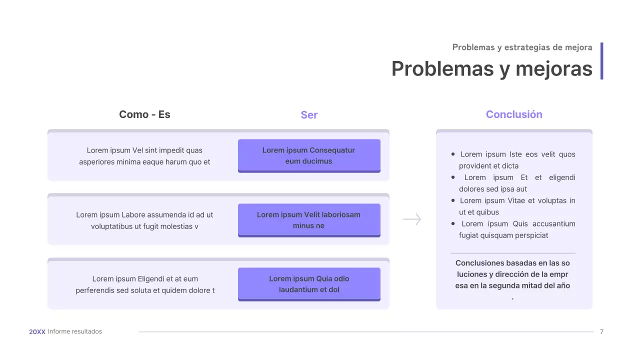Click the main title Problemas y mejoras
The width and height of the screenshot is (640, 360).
(x=491, y=68)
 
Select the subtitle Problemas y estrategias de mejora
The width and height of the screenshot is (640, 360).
(x=522, y=47)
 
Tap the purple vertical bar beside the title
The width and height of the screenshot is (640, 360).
(x=601, y=60)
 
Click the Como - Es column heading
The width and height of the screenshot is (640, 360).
(x=144, y=114)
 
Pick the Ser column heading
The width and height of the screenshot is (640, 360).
(x=309, y=115)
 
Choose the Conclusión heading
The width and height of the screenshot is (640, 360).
(x=514, y=114)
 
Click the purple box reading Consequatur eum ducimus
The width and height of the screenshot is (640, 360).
(x=309, y=155)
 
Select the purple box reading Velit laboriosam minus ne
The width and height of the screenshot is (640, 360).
(x=309, y=220)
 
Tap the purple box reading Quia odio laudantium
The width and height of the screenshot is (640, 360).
(x=309, y=284)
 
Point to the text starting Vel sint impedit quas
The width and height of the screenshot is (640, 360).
(x=144, y=156)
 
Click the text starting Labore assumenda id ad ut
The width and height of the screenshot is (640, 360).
(x=144, y=220)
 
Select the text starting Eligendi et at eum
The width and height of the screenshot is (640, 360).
(x=145, y=284)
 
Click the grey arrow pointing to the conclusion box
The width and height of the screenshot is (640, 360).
(x=412, y=219)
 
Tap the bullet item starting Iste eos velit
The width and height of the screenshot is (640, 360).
(x=515, y=160)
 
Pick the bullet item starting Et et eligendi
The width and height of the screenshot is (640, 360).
(x=515, y=183)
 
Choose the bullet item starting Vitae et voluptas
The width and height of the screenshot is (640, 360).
(x=515, y=206)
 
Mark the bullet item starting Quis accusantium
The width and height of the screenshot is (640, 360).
(x=515, y=229)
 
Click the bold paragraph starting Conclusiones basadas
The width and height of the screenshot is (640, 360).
(x=512, y=274)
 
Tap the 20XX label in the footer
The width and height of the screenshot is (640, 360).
(x=37, y=331)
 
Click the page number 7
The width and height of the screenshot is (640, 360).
(x=601, y=331)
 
